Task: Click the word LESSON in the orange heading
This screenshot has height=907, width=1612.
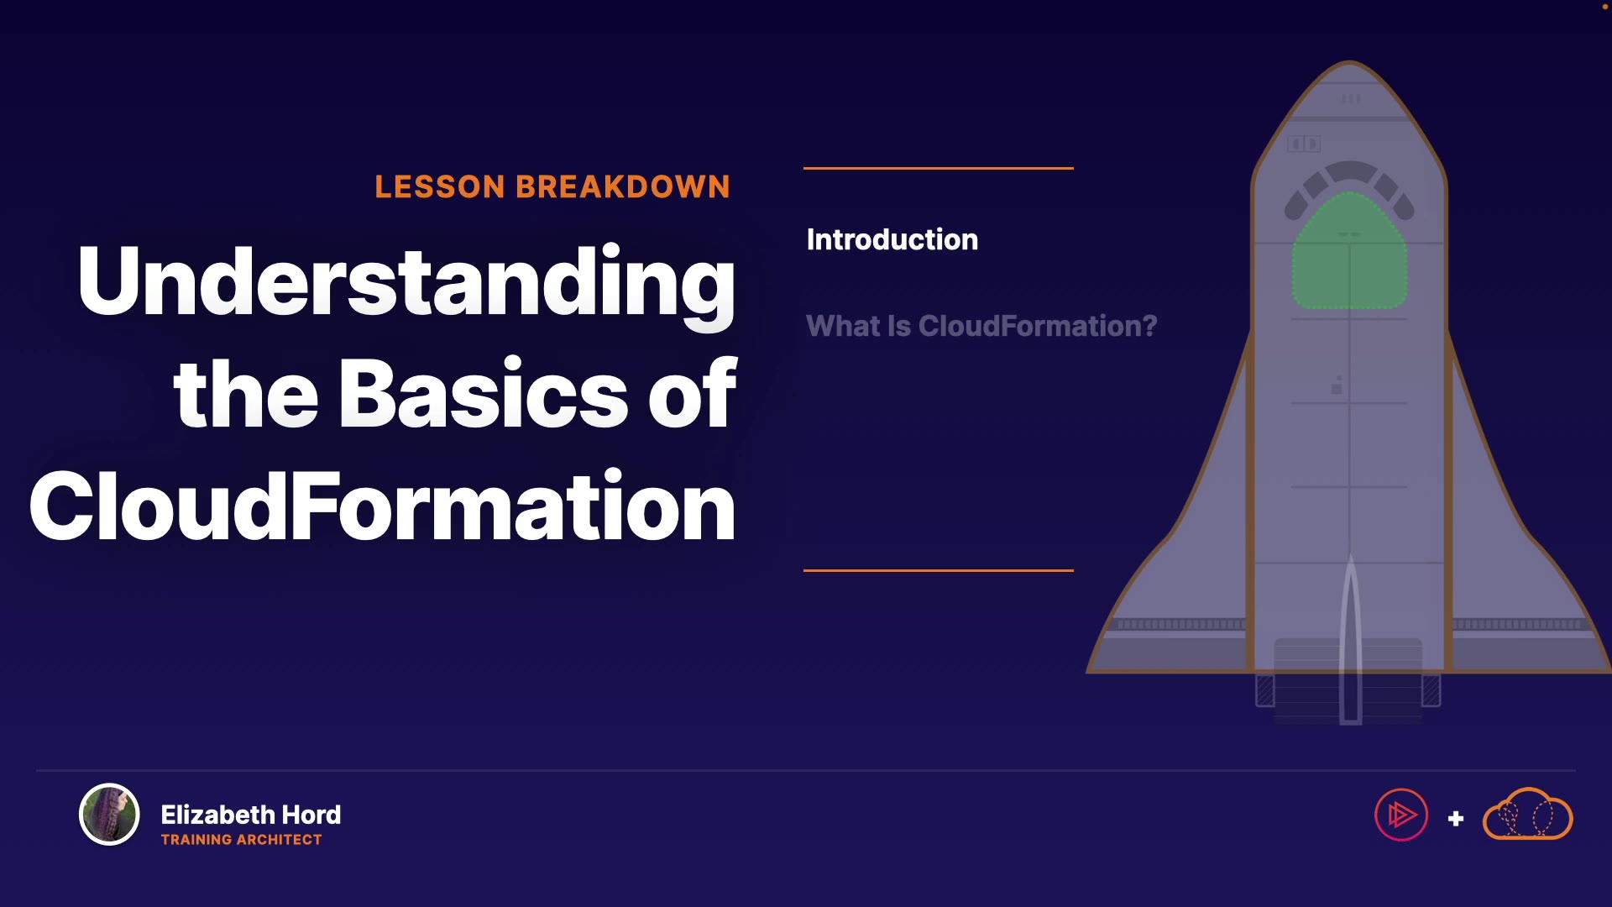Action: click(x=439, y=186)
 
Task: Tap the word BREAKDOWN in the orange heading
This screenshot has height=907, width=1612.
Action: click(x=623, y=186)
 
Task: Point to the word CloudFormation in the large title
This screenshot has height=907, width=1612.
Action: click(x=383, y=506)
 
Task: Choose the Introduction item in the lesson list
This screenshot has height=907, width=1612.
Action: click(x=892, y=239)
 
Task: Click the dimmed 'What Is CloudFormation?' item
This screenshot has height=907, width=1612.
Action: click(x=981, y=326)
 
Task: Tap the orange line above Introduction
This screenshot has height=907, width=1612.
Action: click(x=939, y=168)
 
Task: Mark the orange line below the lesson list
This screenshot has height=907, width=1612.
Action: click(x=939, y=570)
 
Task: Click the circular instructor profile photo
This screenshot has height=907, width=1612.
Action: click(x=109, y=814)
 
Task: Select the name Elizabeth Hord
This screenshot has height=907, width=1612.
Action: click(x=251, y=815)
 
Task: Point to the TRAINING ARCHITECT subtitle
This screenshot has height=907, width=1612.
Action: click(x=242, y=840)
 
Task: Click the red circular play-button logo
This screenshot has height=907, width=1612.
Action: click(x=1401, y=815)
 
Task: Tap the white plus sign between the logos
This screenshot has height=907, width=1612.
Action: click(x=1456, y=818)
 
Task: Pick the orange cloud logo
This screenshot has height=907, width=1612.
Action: click(x=1528, y=814)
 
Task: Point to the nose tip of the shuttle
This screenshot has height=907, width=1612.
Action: click(x=1350, y=62)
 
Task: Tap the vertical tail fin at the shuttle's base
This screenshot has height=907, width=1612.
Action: click(x=1350, y=638)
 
